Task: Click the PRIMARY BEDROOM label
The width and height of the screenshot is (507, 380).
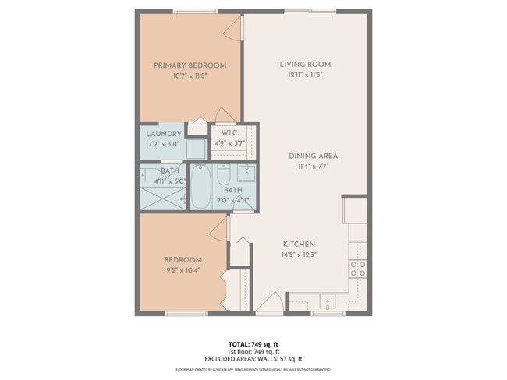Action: tap(190, 65)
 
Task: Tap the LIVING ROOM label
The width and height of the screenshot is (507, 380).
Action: tap(306, 64)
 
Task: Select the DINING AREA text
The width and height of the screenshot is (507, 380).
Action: tap(312, 156)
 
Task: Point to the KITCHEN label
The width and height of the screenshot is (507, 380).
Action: tap(299, 243)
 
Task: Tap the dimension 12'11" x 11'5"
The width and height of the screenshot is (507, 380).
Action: tap(306, 75)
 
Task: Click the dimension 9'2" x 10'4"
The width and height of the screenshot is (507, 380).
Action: tap(183, 270)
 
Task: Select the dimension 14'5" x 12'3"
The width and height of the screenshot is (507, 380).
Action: tap(299, 254)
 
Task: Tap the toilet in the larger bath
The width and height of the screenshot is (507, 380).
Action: tap(224, 173)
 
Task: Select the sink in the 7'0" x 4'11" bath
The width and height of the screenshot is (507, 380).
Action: tap(244, 172)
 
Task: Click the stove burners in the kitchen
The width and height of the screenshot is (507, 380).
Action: tap(358, 269)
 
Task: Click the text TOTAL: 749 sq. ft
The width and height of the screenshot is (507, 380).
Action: tap(253, 343)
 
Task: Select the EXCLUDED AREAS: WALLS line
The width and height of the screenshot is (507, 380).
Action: tap(253, 358)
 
